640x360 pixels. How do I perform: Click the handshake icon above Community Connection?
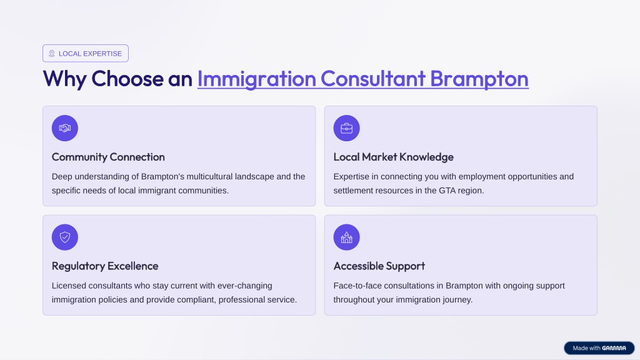click(65, 128)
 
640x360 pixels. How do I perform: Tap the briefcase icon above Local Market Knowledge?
click(346, 128)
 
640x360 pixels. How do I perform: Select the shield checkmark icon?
click(65, 237)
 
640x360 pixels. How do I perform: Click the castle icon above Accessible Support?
click(346, 237)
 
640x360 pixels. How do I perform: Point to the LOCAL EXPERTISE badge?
click(86, 54)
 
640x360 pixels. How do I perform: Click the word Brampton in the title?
click(479, 79)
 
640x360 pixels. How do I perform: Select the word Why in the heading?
click(64, 79)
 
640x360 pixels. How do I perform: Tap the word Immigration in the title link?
click(257, 79)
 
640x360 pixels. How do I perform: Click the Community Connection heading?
click(108, 157)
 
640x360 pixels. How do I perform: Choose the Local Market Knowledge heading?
click(394, 157)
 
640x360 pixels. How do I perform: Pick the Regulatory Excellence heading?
click(105, 266)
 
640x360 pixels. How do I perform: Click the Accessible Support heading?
click(379, 266)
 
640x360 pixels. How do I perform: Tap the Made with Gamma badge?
click(599, 348)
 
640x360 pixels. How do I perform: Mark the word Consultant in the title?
click(373, 79)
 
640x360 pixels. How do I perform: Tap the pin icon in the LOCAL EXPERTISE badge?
click(52, 54)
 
